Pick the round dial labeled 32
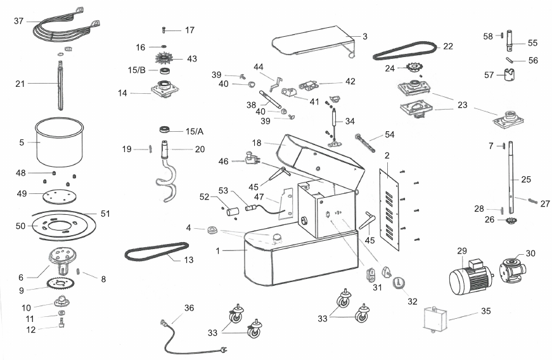(x=399, y=283)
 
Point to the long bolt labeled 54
(x=366, y=143)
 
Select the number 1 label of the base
(x=218, y=251)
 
